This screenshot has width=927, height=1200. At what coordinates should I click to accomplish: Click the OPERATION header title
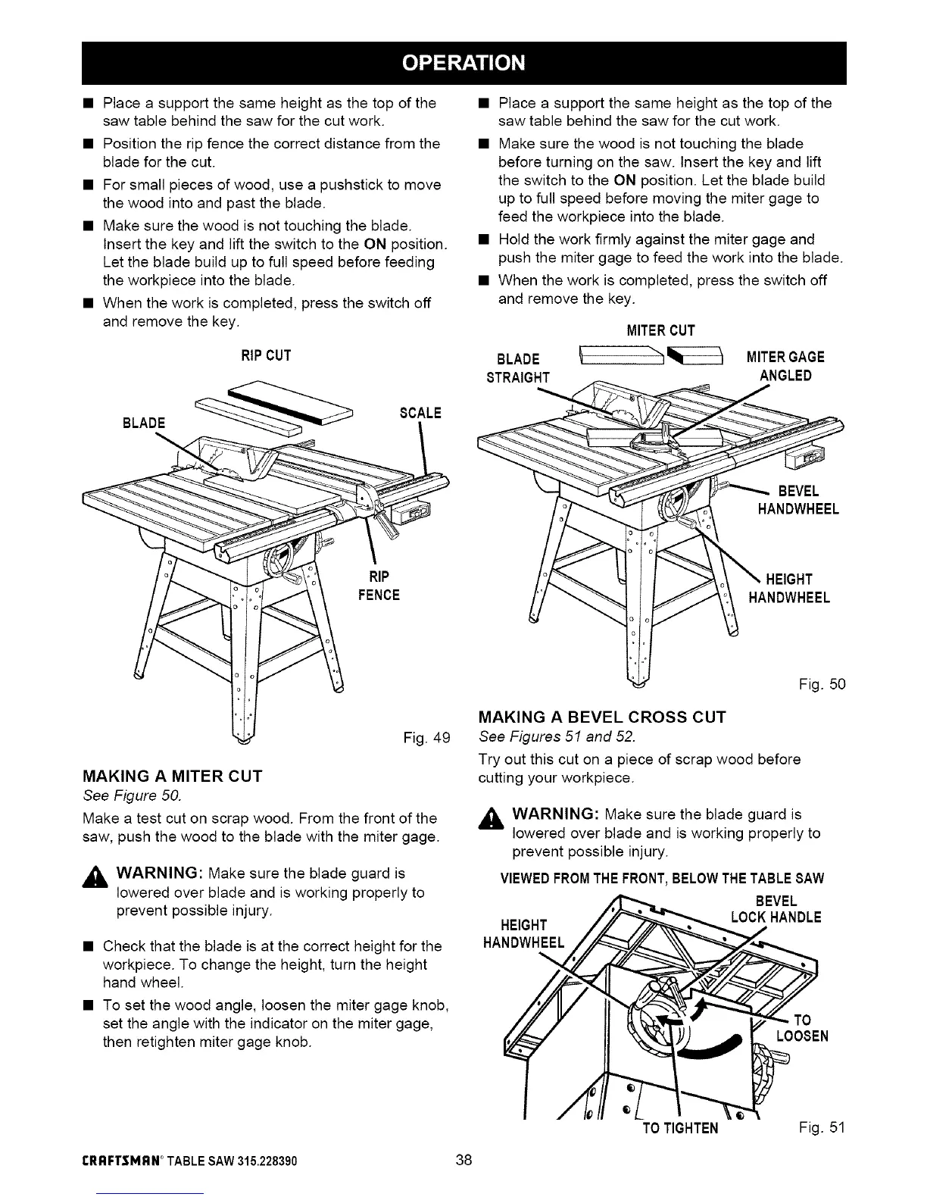[x=463, y=63]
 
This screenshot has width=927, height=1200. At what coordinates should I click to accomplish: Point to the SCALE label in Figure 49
[x=420, y=413]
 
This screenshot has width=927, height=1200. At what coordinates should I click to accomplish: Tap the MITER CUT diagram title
[x=661, y=330]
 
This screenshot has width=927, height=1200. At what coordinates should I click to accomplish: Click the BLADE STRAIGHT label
[x=519, y=367]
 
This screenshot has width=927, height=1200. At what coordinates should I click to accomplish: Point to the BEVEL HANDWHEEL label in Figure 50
[x=797, y=499]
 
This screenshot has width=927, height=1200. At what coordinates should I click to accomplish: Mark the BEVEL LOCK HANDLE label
[x=776, y=909]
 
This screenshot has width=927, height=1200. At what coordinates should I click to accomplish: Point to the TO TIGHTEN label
[x=680, y=1149]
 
